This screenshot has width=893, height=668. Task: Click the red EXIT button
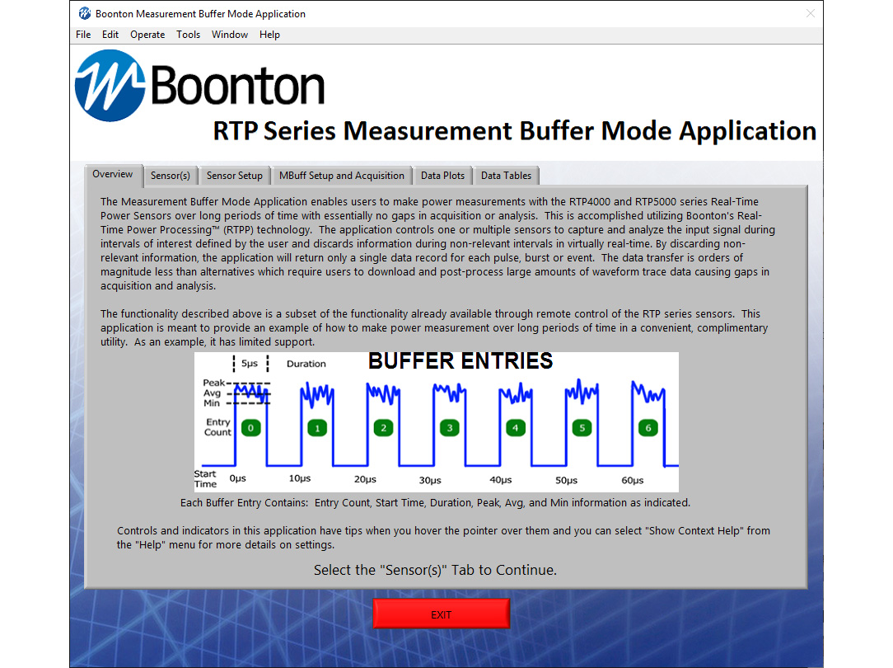[x=441, y=614]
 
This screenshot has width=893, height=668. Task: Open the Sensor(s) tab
[x=171, y=176]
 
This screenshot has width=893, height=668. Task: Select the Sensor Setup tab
[x=234, y=176]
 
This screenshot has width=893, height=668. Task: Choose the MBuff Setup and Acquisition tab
[x=341, y=176]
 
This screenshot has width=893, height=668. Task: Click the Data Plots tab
[x=442, y=176]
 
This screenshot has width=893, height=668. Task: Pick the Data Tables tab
[x=506, y=176]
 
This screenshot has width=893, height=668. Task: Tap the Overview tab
[x=113, y=174]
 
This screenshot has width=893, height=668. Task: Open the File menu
[x=83, y=35]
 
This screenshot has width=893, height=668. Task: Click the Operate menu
[x=147, y=35]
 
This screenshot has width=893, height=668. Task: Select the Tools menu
[x=188, y=35]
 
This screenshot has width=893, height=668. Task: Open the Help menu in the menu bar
[x=269, y=35]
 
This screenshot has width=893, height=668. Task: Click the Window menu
[x=230, y=35]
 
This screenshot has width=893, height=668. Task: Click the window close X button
[x=811, y=13]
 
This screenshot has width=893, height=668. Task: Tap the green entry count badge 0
[x=251, y=428]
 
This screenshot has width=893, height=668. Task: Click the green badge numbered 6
[x=648, y=428]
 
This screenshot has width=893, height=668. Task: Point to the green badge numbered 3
[x=449, y=428]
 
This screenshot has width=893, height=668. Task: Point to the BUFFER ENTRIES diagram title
[x=460, y=361]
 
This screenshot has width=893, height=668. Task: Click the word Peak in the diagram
[x=213, y=383]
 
